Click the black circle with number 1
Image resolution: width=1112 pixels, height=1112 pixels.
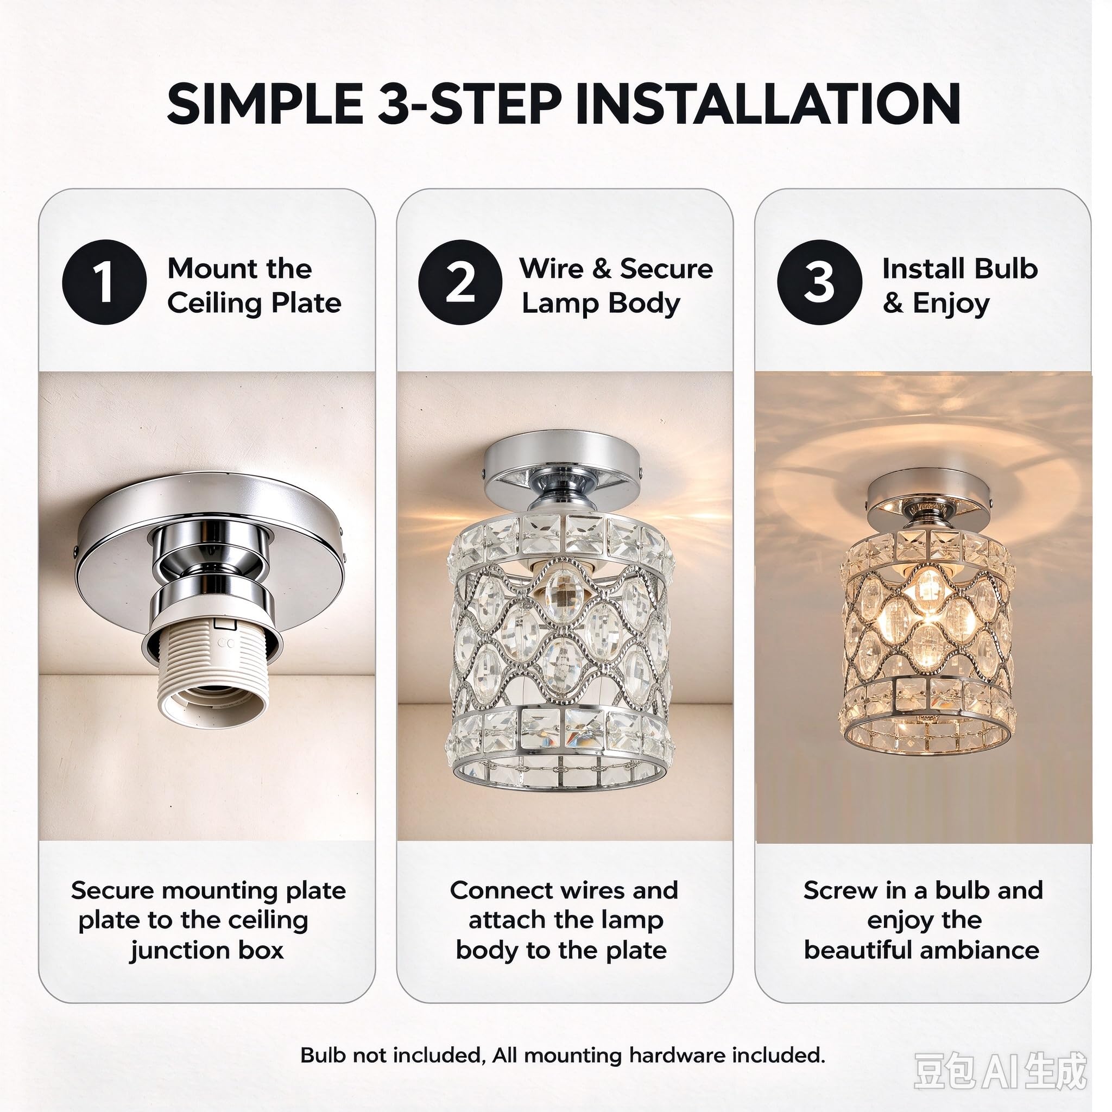[104, 282]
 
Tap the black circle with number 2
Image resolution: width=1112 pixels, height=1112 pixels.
[460, 282]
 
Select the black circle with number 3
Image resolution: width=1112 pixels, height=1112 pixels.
[819, 282]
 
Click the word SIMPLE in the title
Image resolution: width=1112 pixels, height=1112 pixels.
[265, 104]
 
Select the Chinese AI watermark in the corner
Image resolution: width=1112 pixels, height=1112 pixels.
[1000, 1071]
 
